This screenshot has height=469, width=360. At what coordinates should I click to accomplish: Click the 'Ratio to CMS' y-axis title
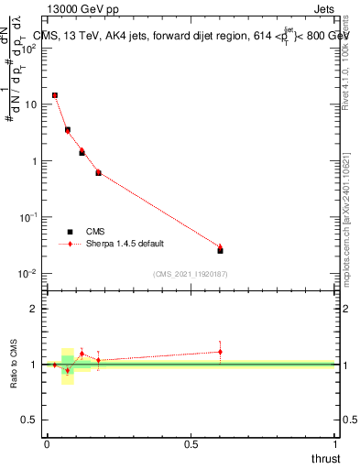click(x=15, y=365)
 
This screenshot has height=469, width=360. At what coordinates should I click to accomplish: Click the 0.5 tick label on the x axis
click(x=191, y=443)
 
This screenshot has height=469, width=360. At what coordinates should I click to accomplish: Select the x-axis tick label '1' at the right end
click(x=335, y=443)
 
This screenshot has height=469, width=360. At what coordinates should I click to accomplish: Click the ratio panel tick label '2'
click(x=35, y=309)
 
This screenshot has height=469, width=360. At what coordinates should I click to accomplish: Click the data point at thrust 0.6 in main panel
click(x=220, y=249)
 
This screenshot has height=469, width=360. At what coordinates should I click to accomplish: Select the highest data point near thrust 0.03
click(x=55, y=95)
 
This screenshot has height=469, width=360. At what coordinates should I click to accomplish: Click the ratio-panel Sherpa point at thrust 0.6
click(x=220, y=351)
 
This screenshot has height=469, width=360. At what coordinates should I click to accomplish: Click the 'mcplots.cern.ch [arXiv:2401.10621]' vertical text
click(x=345, y=202)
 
